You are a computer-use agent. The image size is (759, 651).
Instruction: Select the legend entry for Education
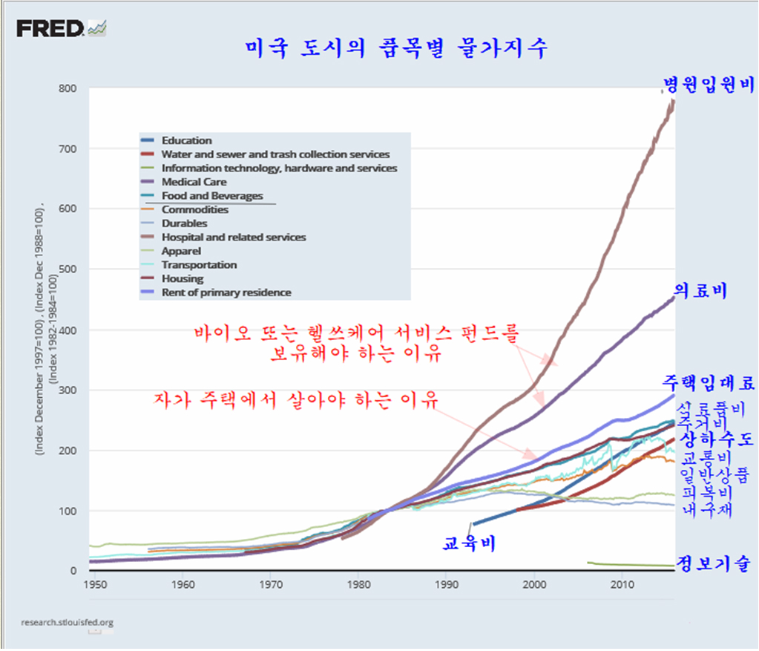pos(186,140)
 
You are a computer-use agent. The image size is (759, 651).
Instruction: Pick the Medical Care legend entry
pos(194,182)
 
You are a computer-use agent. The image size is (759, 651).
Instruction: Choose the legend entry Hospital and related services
pos(234,238)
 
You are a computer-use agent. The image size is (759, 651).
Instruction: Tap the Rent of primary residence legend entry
pos(226,292)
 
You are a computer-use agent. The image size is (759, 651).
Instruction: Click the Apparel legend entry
pos(181,251)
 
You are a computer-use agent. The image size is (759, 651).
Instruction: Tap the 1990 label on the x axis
pos(445,584)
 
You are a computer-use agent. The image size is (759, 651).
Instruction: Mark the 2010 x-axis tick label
pos(621,584)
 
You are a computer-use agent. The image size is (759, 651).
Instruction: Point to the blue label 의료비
pos(700,290)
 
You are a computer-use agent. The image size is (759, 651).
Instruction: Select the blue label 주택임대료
pos(709,383)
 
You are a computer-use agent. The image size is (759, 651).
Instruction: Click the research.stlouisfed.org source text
pos(68,622)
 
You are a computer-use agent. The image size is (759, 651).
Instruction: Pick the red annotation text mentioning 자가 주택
pos(295,399)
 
